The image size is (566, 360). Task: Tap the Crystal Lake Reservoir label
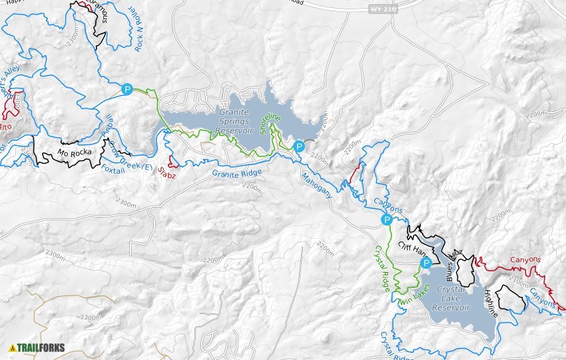point(451,299)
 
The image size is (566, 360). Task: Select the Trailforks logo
point(37,347)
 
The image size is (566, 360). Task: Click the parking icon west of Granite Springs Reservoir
point(127,89)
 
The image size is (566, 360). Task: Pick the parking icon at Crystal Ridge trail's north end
point(386,220)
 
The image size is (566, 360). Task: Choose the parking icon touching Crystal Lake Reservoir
point(425,264)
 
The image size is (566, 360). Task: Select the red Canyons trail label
point(525,260)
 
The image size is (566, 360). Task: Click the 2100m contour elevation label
point(519,279)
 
